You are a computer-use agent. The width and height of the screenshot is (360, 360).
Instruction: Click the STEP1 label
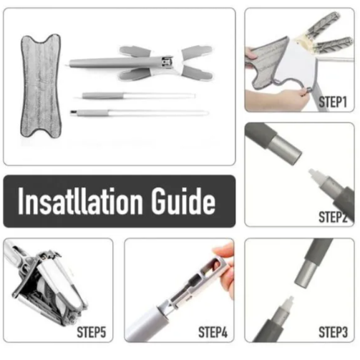[333, 102]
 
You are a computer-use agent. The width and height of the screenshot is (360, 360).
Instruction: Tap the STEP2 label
[333, 217]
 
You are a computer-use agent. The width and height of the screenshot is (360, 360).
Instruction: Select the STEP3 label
[333, 332]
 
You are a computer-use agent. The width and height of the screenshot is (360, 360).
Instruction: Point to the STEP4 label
[213, 332]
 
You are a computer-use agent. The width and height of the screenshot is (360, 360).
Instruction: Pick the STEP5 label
[92, 332]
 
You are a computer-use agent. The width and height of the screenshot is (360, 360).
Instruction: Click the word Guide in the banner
[183, 201]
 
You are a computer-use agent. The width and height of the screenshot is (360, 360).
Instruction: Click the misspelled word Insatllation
[80, 201]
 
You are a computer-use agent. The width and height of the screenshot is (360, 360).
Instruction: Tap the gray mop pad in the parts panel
[41, 86]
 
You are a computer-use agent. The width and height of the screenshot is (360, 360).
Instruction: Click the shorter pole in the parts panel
[138, 96]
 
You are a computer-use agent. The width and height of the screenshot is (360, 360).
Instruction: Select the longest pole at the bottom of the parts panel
[140, 112]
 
